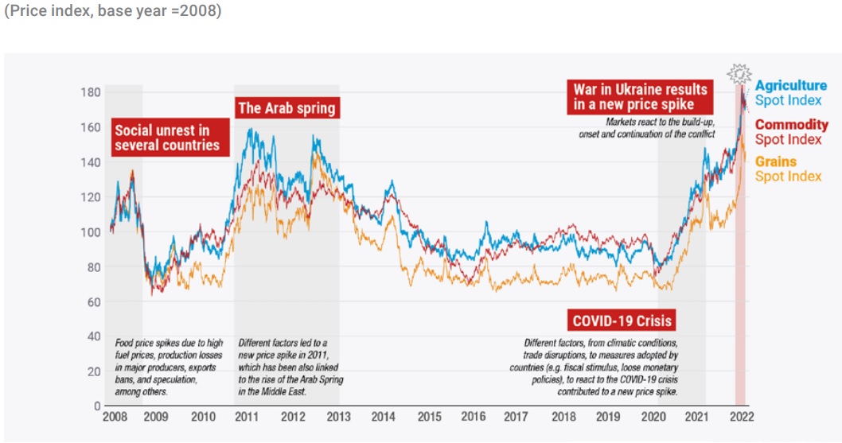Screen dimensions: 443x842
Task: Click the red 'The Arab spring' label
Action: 287,107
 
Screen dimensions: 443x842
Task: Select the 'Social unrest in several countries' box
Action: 166,138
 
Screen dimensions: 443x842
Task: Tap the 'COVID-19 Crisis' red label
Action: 622,321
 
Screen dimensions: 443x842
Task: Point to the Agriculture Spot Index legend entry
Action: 790,93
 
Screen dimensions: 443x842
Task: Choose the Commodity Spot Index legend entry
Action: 791,132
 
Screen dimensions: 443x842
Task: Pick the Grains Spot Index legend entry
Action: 788,169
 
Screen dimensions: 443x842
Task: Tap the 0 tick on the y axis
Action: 96,406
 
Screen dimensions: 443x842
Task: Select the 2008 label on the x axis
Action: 115,416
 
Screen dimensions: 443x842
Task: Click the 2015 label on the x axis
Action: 430,416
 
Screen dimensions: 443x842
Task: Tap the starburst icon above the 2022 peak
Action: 739,75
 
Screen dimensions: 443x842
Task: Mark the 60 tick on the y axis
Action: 93,301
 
